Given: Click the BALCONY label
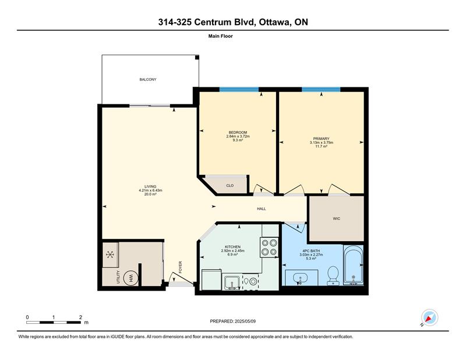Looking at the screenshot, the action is [148, 79].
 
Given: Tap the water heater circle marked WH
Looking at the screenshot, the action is [130, 278].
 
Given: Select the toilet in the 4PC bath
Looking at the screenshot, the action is [333, 276].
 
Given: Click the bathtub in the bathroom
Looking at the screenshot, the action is [354, 265].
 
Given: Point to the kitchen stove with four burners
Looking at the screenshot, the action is [269, 248].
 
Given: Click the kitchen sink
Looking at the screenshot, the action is [232, 283].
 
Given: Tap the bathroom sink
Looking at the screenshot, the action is [301, 278].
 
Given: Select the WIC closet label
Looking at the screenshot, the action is [336, 218].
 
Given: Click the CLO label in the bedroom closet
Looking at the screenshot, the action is [230, 185].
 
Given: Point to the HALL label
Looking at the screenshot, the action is [261, 209].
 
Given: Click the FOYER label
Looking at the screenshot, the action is [180, 267].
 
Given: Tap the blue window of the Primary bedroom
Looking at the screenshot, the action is [321, 89].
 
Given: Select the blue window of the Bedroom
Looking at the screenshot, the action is [239, 89].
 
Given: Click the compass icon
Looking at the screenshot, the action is [429, 317].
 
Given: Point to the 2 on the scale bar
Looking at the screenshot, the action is [80, 317].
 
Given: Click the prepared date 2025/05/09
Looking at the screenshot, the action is [245, 321].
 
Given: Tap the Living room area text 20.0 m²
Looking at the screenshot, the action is [150, 194].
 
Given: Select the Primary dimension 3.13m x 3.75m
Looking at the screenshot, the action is [322, 142].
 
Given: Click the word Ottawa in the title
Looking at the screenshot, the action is [274, 22].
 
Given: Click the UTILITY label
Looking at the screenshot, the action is [118, 277].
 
